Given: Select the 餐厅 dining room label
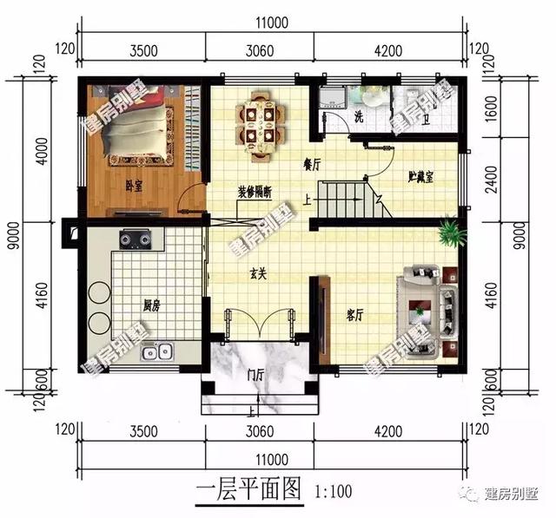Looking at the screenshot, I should click(313, 162).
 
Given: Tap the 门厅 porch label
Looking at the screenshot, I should click(255, 375).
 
